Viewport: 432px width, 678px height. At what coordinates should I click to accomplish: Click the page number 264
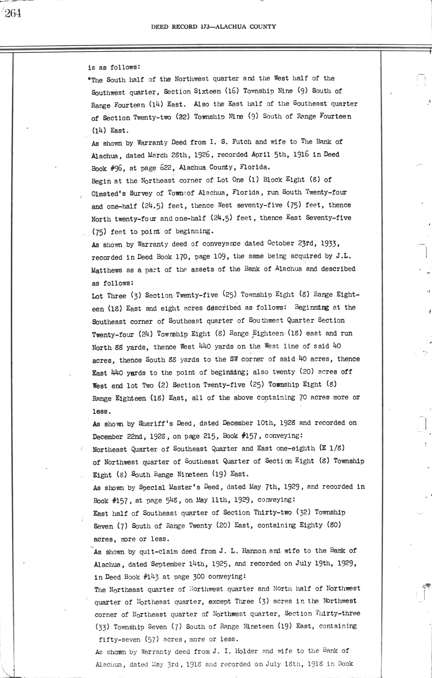tap(13, 14)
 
